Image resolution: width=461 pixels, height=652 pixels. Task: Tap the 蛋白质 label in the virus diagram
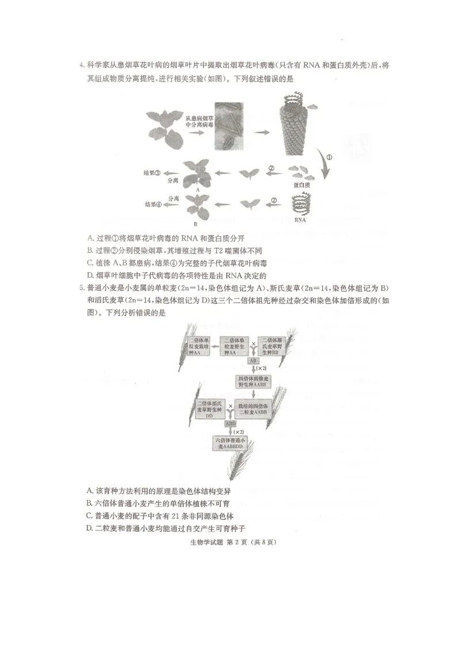(x=301, y=185)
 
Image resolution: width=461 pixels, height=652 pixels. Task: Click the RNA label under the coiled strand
(x=300, y=219)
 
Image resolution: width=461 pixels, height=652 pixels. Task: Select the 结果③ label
(x=152, y=172)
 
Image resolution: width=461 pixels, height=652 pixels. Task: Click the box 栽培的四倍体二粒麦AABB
(x=252, y=409)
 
